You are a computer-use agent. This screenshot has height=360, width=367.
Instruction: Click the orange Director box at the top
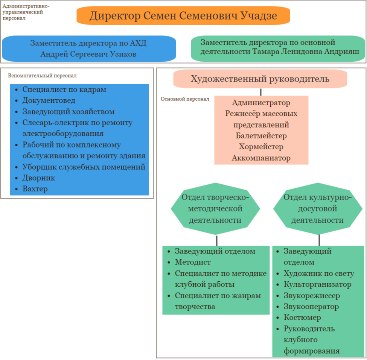[x=183, y=16]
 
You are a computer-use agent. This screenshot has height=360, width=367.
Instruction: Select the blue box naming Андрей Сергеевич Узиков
[x=88, y=49]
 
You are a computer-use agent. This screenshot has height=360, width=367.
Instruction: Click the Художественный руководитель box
[x=260, y=79]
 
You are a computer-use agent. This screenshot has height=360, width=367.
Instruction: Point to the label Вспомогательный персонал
[x=42, y=76]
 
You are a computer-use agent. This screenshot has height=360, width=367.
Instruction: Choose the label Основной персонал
[x=185, y=99]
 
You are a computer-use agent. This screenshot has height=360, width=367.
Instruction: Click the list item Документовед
[x=49, y=101]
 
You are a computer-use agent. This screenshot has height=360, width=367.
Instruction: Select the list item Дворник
[x=39, y=178]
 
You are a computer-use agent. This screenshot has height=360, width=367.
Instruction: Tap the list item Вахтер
[x=35, y=189]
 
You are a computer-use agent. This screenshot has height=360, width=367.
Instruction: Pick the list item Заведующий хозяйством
[x=69, y=112]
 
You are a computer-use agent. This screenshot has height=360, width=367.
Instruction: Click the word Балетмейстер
[x=261, y=136]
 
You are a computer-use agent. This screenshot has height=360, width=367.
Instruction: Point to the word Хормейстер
[x=261, y=147]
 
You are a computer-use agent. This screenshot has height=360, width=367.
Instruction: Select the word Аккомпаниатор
[x=261, y=158]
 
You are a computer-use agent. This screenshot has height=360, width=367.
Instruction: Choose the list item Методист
[x=193, y=262]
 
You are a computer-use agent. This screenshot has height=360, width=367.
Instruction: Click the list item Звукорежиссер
[x=312, y=296]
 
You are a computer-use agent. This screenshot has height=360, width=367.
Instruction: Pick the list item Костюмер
[x=302, y=318]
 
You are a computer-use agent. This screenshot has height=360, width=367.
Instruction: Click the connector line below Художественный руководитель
[x=260, y=92]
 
